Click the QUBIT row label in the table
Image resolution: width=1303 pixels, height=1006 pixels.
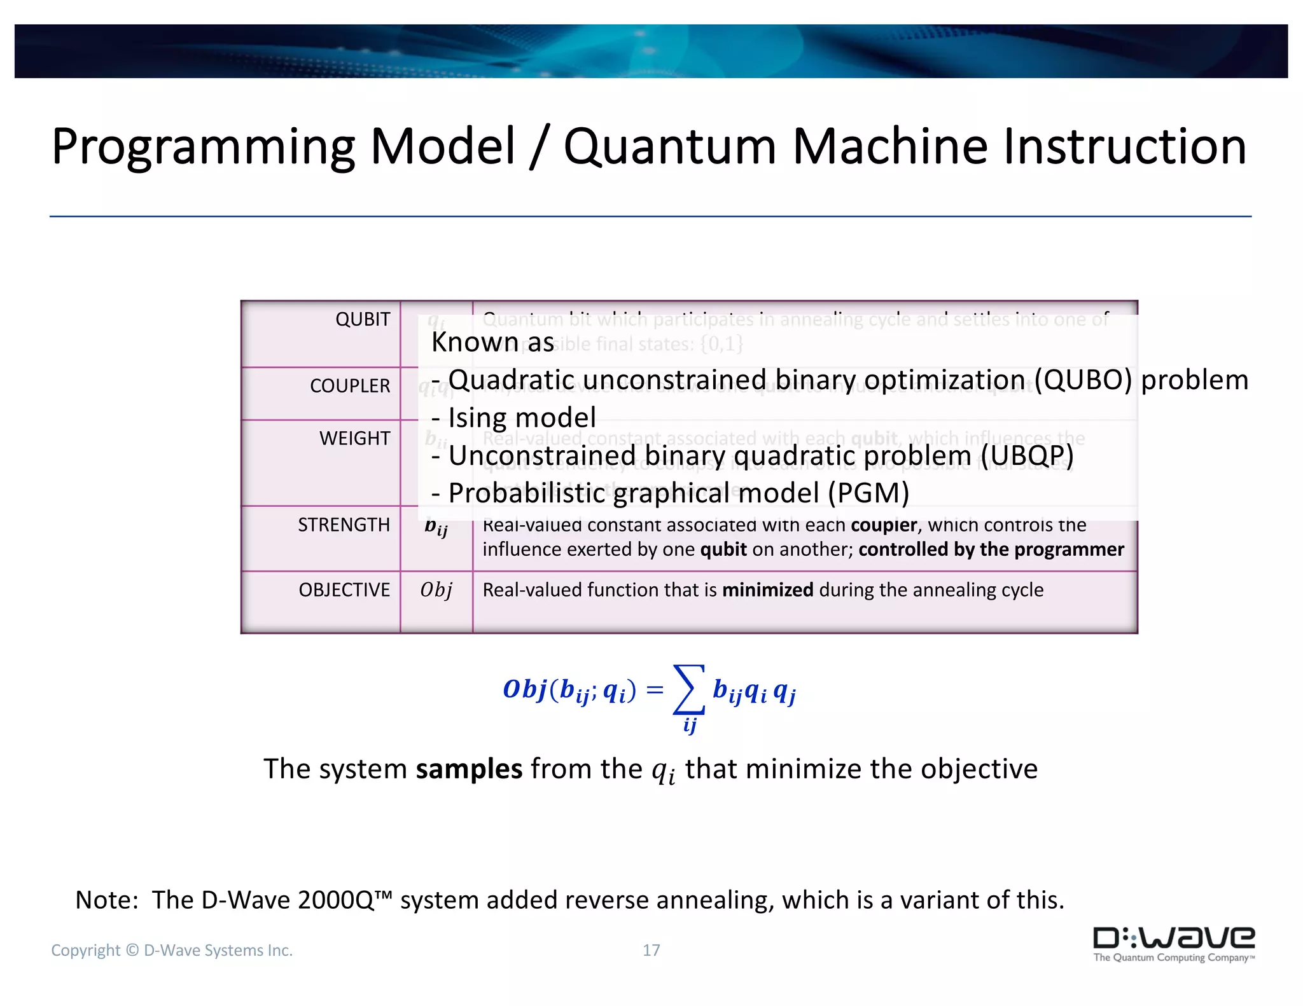[x=362, y=319]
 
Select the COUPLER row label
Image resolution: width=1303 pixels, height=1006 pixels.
[x=349, y=386]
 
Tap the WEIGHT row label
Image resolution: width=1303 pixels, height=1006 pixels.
[x=354, y=439]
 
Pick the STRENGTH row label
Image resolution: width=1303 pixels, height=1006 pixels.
[x=344, y=525]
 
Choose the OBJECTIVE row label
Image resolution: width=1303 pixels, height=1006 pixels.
[x=344, y=590]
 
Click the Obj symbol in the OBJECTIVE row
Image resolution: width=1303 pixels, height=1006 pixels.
[x=436, y=590]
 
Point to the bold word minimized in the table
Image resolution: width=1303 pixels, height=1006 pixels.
[x=767, y=590]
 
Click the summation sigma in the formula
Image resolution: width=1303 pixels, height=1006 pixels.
[x=688, y=690]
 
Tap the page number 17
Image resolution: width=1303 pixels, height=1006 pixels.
[x=651, y=950]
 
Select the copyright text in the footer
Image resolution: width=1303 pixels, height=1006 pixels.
[x=172, y=950]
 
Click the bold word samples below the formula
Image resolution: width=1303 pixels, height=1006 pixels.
[x=469, y=769]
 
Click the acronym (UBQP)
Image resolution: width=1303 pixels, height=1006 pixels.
[x=1026, y=456]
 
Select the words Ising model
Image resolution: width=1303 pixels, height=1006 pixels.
[x=522, y=418]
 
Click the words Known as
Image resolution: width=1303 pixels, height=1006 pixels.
[x=492, y=342]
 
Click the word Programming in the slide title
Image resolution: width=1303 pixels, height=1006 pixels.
[x=202, y=148]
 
